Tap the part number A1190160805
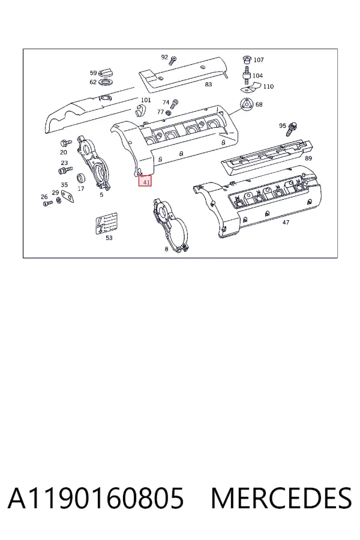point(96,498)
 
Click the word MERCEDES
point(281,498)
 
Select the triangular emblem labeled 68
point(247,104)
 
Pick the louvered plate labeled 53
point(106,224)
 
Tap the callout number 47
point(286,223)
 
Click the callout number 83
point(208,84)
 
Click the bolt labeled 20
point(65,142)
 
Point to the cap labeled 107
point(247,59)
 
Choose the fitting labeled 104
point(247,76)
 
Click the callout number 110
point(268,86)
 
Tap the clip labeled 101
point(140,111)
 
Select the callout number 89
point(308,158)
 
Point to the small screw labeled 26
point(47,203)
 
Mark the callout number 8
point(166,249)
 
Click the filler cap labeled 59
point(105,73)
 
